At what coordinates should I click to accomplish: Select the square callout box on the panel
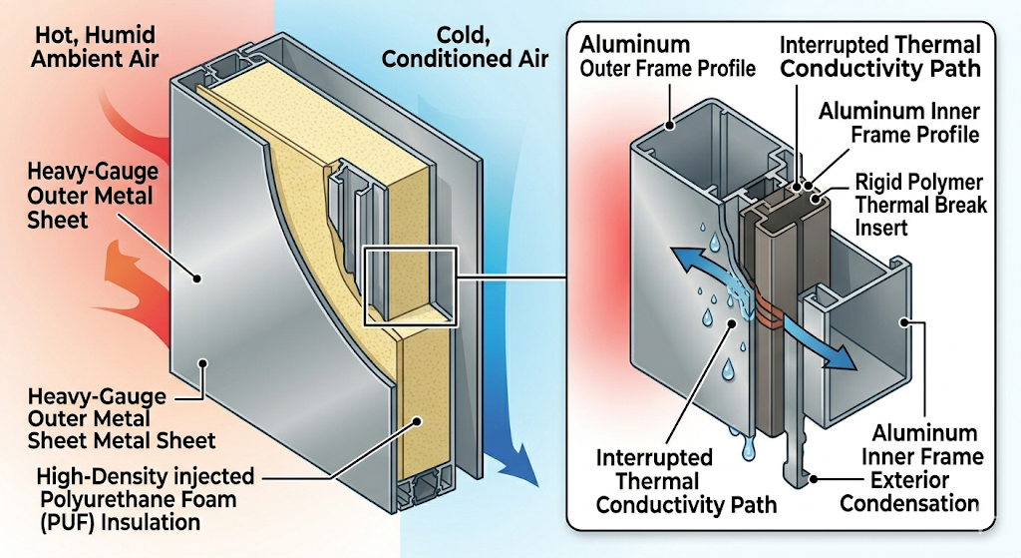tap(410, 286)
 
